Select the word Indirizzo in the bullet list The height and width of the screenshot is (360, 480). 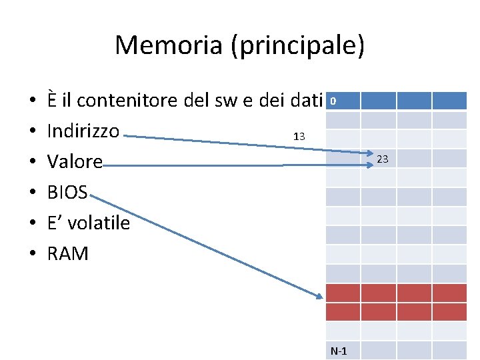point(83,131)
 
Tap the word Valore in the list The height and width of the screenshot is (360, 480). point(75,162)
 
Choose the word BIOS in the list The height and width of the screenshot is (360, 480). point(67,193)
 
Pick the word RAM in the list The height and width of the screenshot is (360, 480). point(67,254)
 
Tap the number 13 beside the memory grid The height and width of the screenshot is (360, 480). point(299,137)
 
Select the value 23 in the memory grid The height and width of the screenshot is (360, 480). point(382,159)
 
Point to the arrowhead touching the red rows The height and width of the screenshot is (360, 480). point(319,295)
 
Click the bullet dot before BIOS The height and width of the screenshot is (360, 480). point(32,193)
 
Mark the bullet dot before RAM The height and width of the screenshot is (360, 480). point(32,255)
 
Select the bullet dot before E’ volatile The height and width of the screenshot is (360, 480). point(32,224)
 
